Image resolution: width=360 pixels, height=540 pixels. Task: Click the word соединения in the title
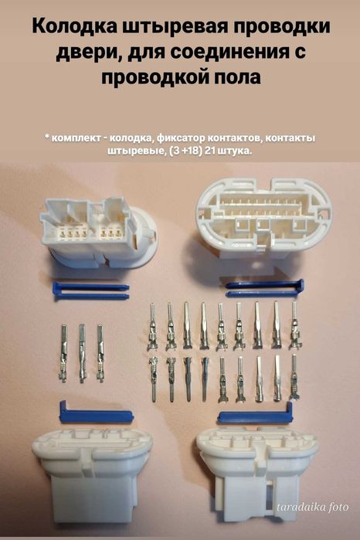(240, 54)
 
